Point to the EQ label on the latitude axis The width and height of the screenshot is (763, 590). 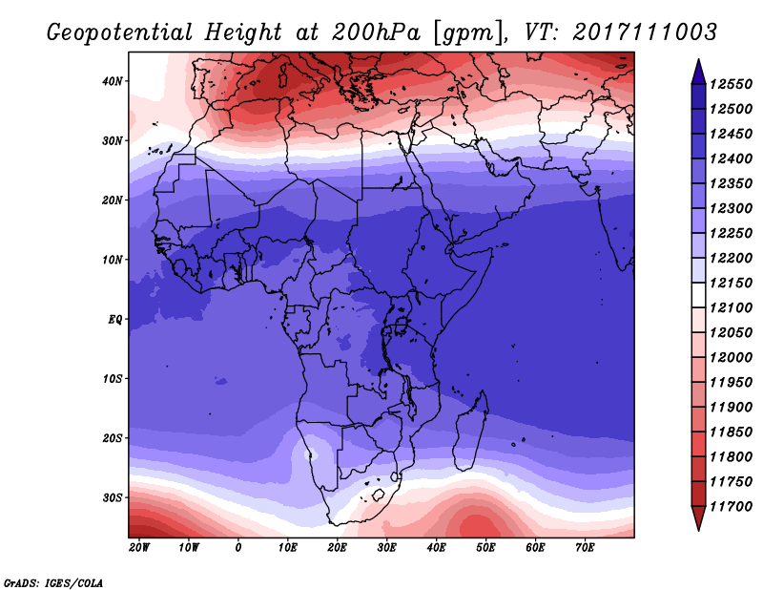114,319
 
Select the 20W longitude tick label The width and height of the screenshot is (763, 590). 139,547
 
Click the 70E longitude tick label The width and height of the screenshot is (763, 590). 585,547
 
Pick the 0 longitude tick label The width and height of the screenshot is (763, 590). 238,547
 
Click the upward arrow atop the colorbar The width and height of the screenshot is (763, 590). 698,70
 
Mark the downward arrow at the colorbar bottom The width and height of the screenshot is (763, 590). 698,518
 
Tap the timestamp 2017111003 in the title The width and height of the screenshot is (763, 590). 645,32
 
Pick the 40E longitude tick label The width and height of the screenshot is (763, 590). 436,547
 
